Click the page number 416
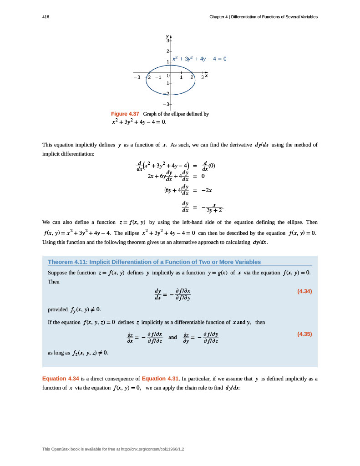tap(46, 17)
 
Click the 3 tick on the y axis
tap(167, 41)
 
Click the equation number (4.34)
tap(304, 291)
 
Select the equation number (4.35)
tap(304, 334)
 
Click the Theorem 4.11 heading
tap(154, 262)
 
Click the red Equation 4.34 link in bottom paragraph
tap(61, 379)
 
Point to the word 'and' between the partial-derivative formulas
tap(172, 337)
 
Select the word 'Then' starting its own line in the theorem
tap(54, 282)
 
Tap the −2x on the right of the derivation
tap(208, 189)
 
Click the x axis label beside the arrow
tap(206, 76)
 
